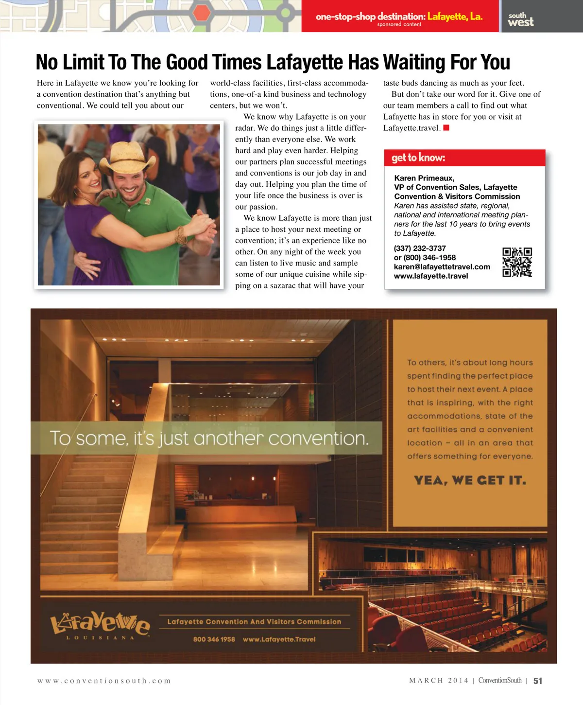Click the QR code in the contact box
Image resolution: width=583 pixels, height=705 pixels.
click(x=517, y=262)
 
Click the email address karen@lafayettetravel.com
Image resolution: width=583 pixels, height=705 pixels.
click(x=442, y=266)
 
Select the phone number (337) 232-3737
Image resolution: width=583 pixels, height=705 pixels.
click(x=420, y=248)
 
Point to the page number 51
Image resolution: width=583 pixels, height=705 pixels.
click(x=537, y=681)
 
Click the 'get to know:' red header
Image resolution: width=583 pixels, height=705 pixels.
click(x=418, y=158)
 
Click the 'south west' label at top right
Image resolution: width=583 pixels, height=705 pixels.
click(x=520, y=19)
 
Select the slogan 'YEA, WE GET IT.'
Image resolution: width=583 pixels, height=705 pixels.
click(x=470, y=480)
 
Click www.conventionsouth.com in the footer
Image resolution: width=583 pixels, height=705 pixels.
click(x=104, y=681)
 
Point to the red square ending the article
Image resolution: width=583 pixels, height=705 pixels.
click(x=446, y=128)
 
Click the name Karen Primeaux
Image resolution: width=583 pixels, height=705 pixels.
click(x=424, y=178)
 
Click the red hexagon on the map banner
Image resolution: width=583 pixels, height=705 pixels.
click(x=200, y=13)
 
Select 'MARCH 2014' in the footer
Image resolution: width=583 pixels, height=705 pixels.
click(x=439, y=680)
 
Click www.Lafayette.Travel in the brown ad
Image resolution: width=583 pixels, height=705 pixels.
click(x=279, y=639)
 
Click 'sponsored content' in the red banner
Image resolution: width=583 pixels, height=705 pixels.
click(x=399, y=24)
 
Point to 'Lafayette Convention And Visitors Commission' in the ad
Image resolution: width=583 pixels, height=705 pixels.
click(x=254, y=621)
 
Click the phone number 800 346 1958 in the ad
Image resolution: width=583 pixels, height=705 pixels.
click(x=214, y=639)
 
